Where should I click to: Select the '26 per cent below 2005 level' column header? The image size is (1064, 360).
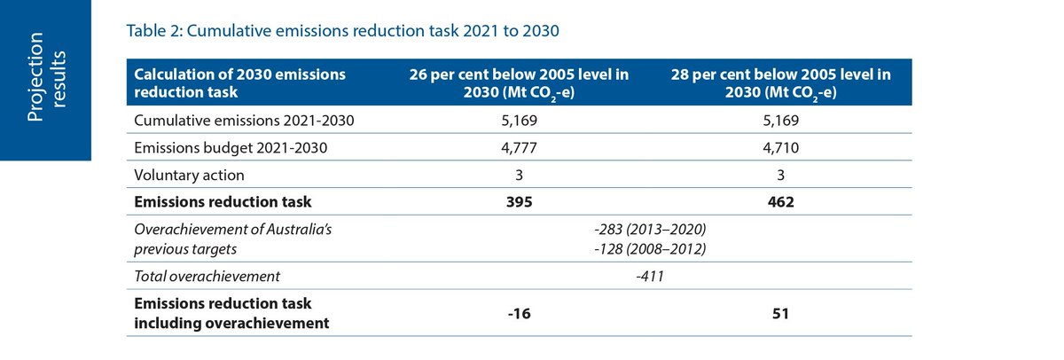tap(519, 84)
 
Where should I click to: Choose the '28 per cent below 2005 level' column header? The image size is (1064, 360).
tap(781, 84)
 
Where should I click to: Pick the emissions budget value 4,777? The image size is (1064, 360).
tap(519, 148)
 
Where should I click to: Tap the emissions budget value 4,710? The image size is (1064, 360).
tap(781, 148)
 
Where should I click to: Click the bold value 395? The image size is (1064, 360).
tap(519, 201)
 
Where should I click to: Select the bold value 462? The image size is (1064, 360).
tap(781, 201)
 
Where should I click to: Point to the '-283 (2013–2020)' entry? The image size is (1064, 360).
tap(650, 231)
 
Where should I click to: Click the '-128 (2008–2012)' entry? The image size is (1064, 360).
tap(650, 250)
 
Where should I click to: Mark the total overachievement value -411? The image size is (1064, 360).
tap(650, 276)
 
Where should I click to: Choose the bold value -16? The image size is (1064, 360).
tap(519, 313)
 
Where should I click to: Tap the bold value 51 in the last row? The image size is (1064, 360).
tap(781, 313)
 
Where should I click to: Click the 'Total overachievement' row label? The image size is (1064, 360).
tap(207, 276)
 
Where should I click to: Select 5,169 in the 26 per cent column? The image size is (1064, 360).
tap(519, 121)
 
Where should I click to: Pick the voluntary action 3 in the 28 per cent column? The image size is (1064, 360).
tap(781, 175)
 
